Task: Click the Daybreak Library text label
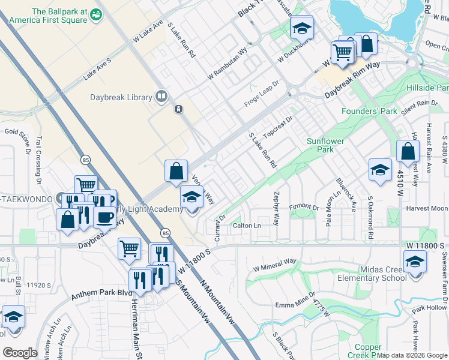coord(121,97)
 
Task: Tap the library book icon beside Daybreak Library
coord(161,96)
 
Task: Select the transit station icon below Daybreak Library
coord(178,109)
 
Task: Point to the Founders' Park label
coord(369,111)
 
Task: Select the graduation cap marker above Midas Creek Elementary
coord(414,262)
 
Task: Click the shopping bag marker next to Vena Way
coord(176,171)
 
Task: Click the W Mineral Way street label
coord(276,264)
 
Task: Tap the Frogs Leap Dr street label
coord(262,94)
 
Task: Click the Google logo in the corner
coord(20,352)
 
